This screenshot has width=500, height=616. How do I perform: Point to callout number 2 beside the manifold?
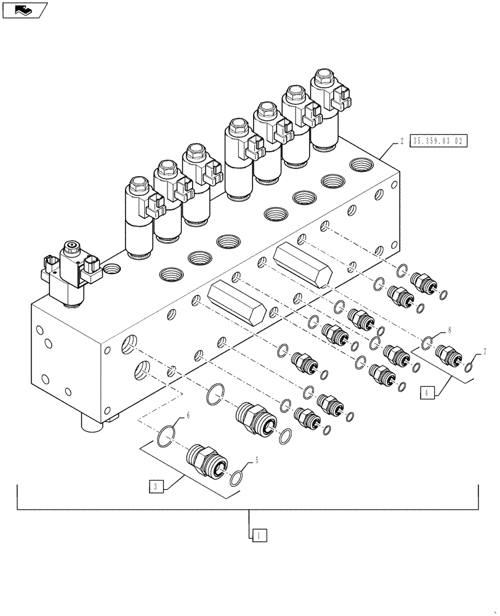click(401, 141)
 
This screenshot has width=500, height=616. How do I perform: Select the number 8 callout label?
click(450, 330)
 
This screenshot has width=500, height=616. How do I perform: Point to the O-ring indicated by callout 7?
click(469, 368)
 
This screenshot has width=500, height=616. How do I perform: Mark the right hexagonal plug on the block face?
click(305, 263)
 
